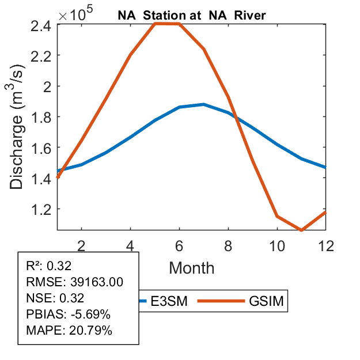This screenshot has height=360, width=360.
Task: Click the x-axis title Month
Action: [x=192, y=267]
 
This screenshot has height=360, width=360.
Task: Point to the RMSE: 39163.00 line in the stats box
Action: [x=75, y=282]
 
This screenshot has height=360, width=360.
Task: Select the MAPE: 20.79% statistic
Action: [x=69, y=331]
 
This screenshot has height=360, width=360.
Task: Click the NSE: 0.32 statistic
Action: [x=55, y=298]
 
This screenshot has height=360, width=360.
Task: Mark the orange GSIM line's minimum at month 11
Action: [x=302, y=230]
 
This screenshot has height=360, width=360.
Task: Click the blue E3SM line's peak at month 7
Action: [x=204, y=104]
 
